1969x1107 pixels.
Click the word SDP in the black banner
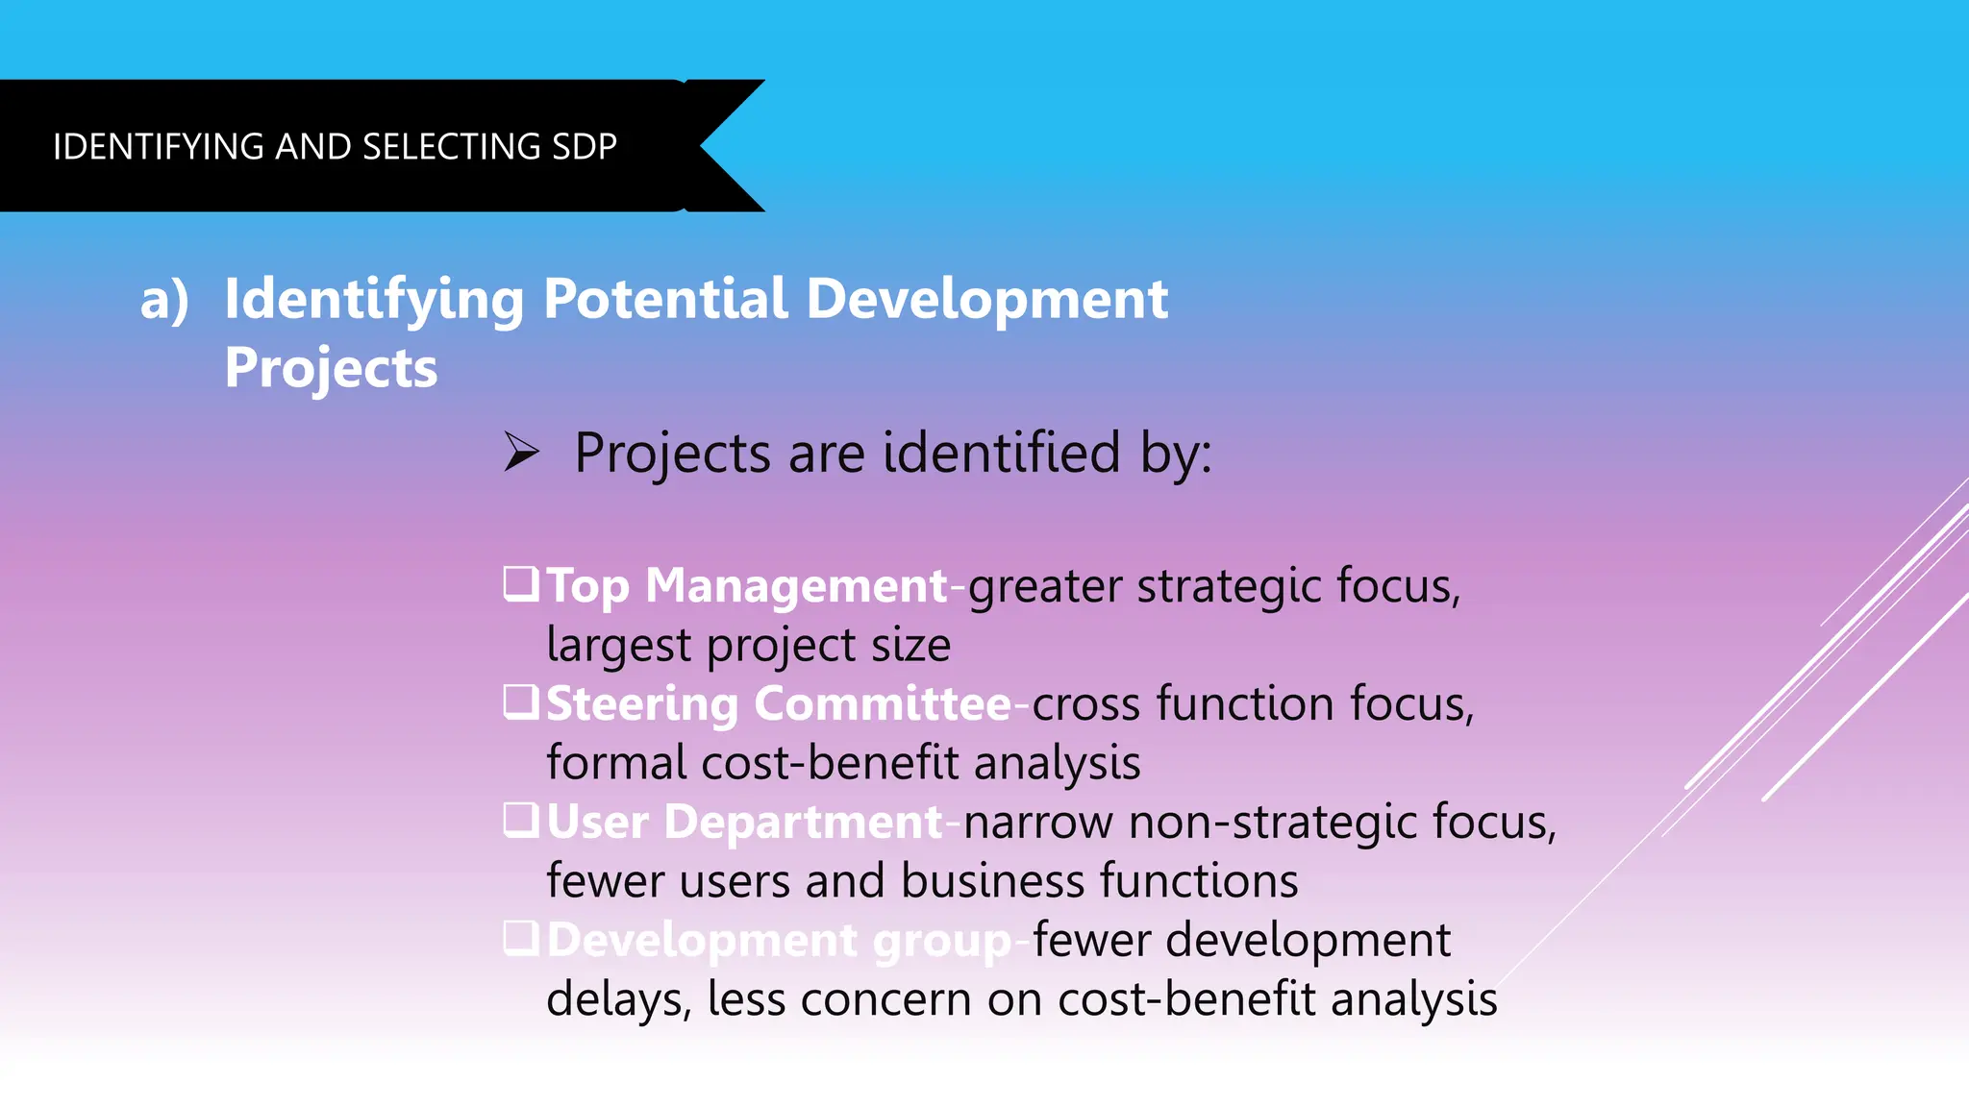click(585, 147)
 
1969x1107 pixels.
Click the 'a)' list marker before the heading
click(164, 301)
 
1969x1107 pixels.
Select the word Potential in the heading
click(665, 299)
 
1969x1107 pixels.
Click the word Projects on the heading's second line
click(331, 369)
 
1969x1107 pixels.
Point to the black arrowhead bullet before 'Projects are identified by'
click(521, 452)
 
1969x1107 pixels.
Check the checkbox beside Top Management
click(521, 583)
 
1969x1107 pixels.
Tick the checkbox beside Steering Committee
click(521, 701)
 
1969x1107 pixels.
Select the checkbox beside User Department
click(521, 820)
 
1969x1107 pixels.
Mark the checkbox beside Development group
click(521, 938)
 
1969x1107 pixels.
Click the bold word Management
click(796, 586)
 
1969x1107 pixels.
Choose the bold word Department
click(803, 823)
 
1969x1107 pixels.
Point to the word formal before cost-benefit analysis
click(616, 763)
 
